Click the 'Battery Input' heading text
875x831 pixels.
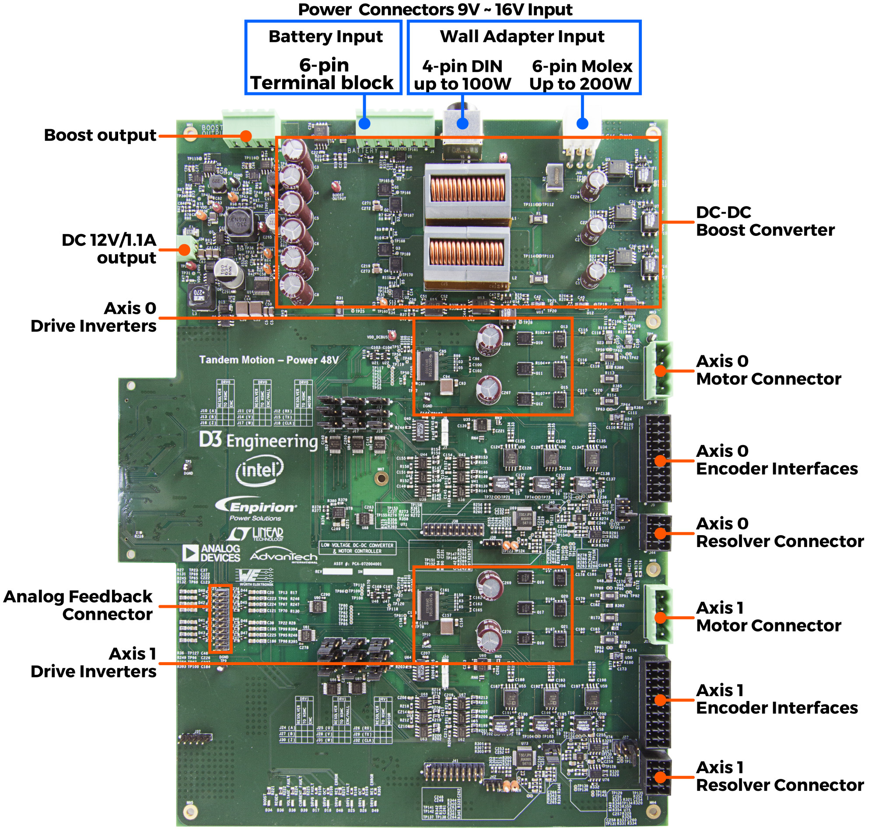coord(325,36)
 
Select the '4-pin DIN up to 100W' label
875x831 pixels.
coord(462,75)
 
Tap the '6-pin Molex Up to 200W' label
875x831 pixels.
coord(581,75)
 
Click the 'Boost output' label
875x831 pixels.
coord(100,135)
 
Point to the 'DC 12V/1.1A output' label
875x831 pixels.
coord(109,249)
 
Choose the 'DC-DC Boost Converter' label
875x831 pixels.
coord(765,221)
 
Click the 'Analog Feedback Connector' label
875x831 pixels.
coord(78,606)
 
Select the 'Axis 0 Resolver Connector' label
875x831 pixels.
coord(779,533)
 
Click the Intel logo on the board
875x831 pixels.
coord(259,471)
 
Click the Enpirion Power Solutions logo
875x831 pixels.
coord(256,508)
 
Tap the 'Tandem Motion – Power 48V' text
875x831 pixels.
coord(269,360)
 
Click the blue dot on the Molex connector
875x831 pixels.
coord(582,123)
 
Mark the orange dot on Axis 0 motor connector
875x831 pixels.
coord(660,371)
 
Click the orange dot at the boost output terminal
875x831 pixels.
coord(246,136)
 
